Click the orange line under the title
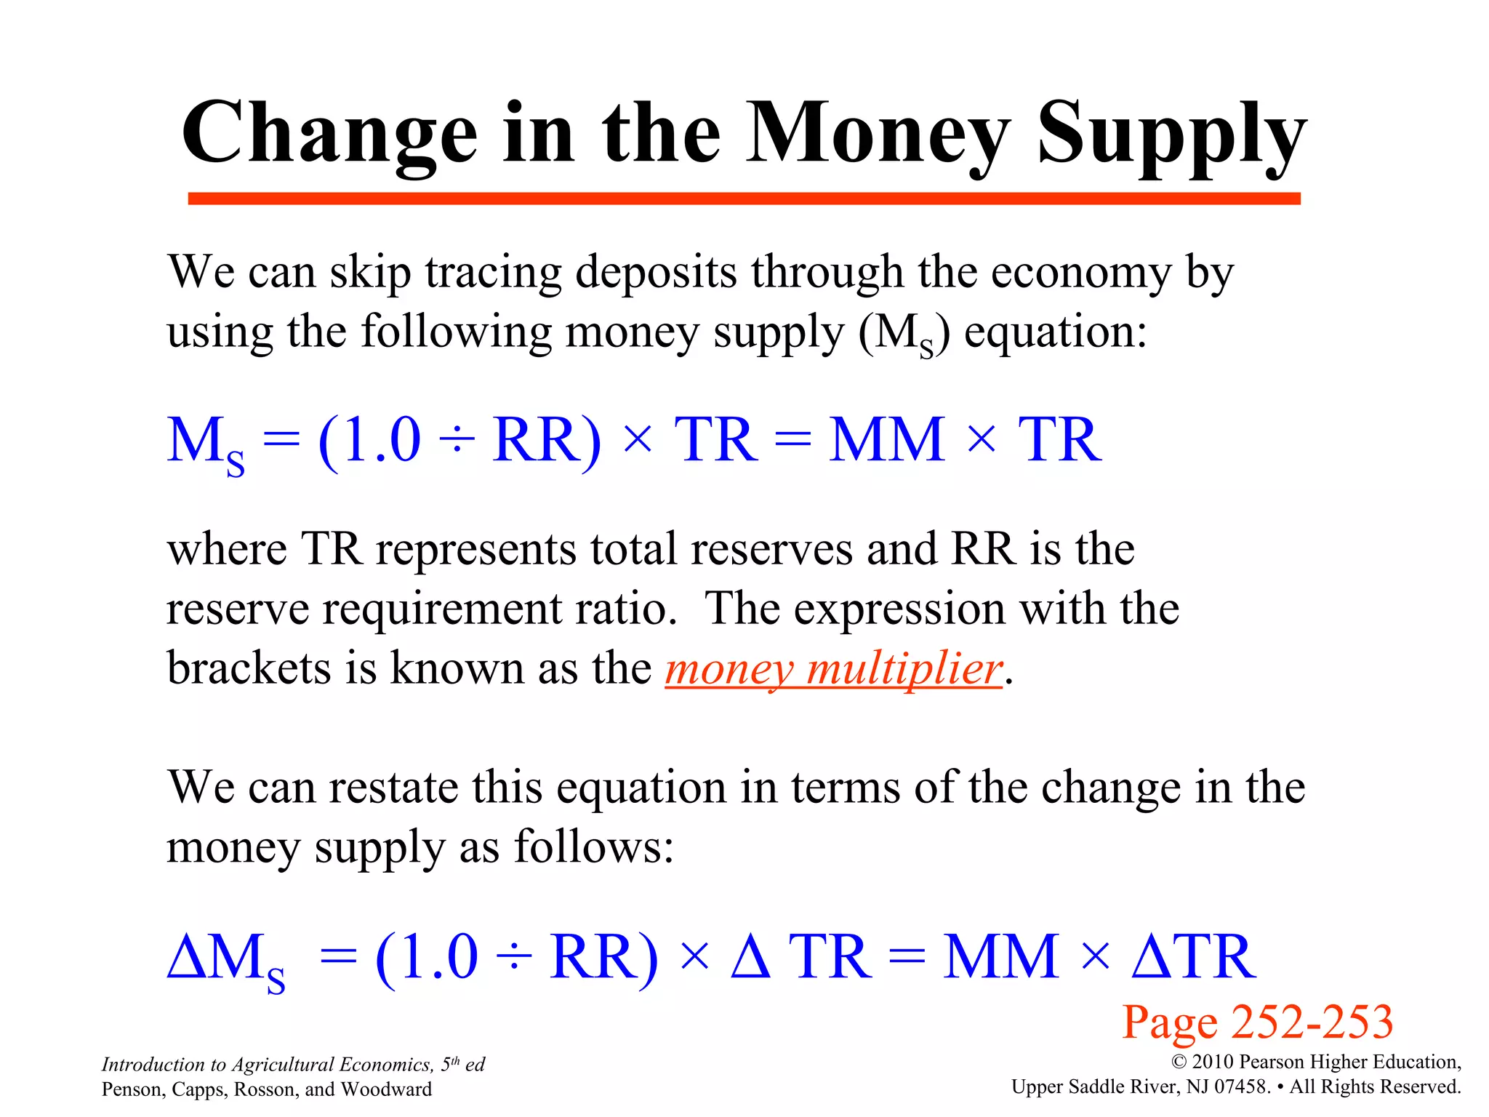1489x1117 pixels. coord(743,199)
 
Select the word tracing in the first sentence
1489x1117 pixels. coord(494,273)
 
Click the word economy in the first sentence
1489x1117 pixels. coord(1081,273)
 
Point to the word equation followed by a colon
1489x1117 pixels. coord(1054,333)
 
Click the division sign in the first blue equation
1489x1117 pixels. coord(457,441)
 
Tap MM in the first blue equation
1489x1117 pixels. coord(886,440)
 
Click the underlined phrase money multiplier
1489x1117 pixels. coord(833,668)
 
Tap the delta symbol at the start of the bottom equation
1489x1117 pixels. coord(185,956)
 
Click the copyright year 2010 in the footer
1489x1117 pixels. coord(1213,1062)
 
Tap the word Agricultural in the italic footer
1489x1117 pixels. coord(282,1065)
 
